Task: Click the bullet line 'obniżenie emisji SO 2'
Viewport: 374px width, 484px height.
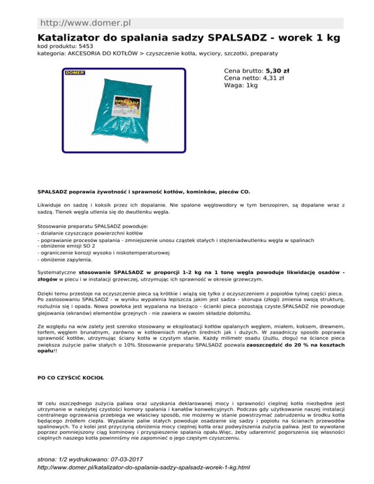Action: point(71,246)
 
